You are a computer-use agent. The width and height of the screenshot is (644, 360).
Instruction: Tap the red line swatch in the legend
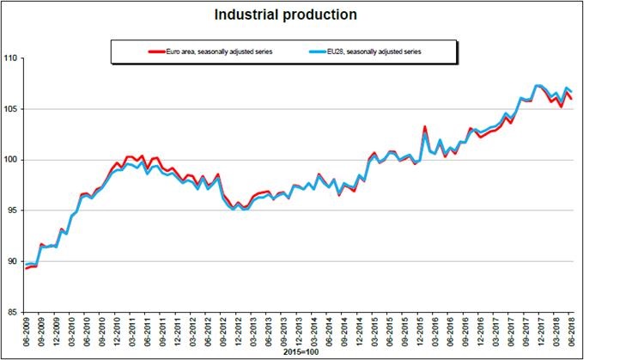coord(156,52)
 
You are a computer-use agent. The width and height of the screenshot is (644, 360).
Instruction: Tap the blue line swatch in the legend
coord(317,52)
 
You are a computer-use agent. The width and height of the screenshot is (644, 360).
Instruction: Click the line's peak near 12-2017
coord(538,86)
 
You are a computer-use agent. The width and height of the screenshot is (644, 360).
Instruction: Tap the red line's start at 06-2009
coord(27,268)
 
